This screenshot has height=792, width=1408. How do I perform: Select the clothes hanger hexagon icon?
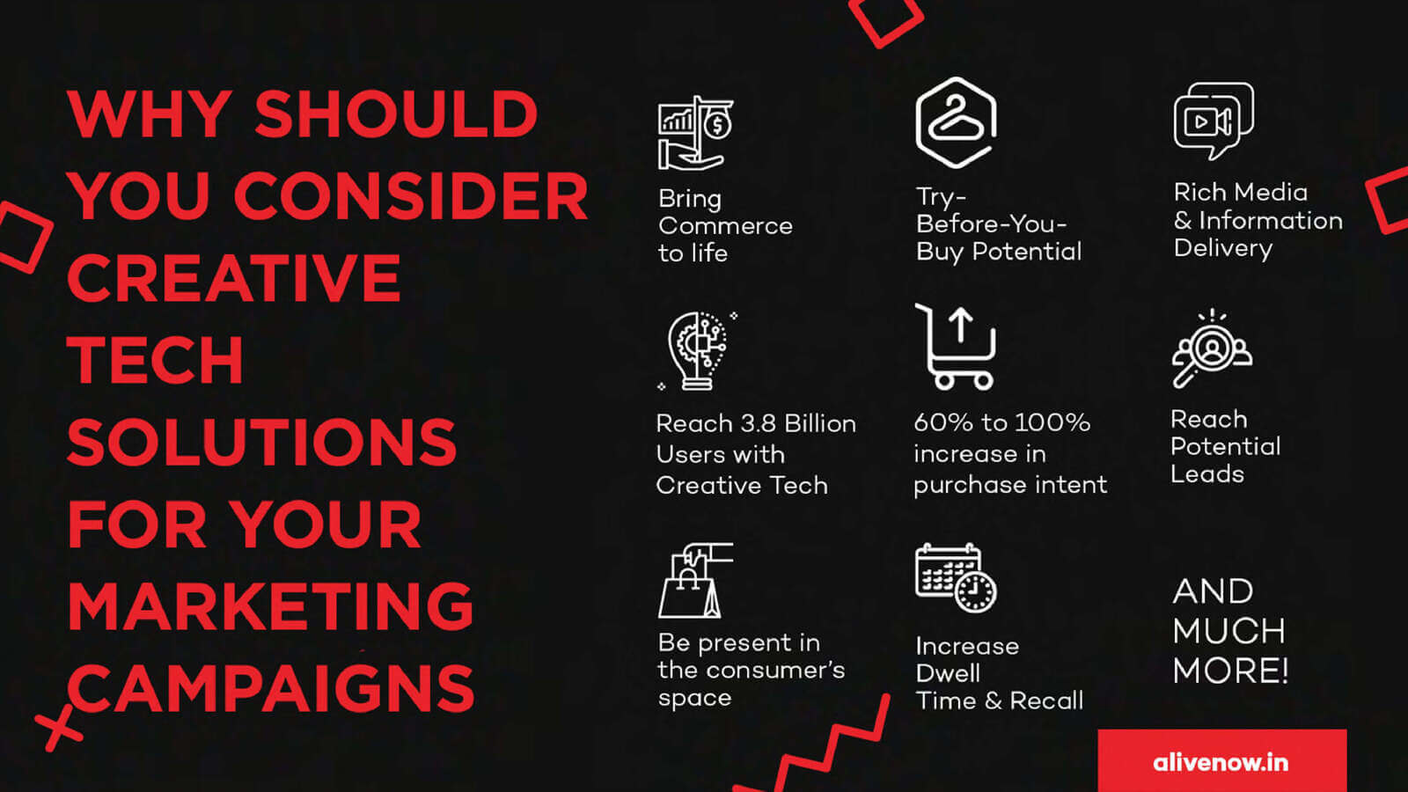[956, 122]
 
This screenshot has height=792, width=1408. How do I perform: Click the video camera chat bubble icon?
[1214, 121]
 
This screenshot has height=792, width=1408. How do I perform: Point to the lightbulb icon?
[696, 351]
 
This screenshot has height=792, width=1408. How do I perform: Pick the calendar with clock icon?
[956, 577]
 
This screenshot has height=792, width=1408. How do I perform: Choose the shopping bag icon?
[694, 580]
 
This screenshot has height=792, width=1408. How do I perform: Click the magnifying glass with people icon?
[1212, 348]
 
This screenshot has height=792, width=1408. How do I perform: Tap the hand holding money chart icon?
[695, 133]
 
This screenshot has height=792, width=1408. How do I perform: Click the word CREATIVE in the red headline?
[234, 278]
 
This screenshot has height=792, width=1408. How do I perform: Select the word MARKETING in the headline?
[270, 605]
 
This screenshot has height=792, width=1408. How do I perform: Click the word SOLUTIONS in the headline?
[261, 442]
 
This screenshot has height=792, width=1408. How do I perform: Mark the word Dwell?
[948, 673]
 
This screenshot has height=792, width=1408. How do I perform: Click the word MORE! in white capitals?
[1231, 670]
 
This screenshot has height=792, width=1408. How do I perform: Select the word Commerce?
[725, 225]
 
